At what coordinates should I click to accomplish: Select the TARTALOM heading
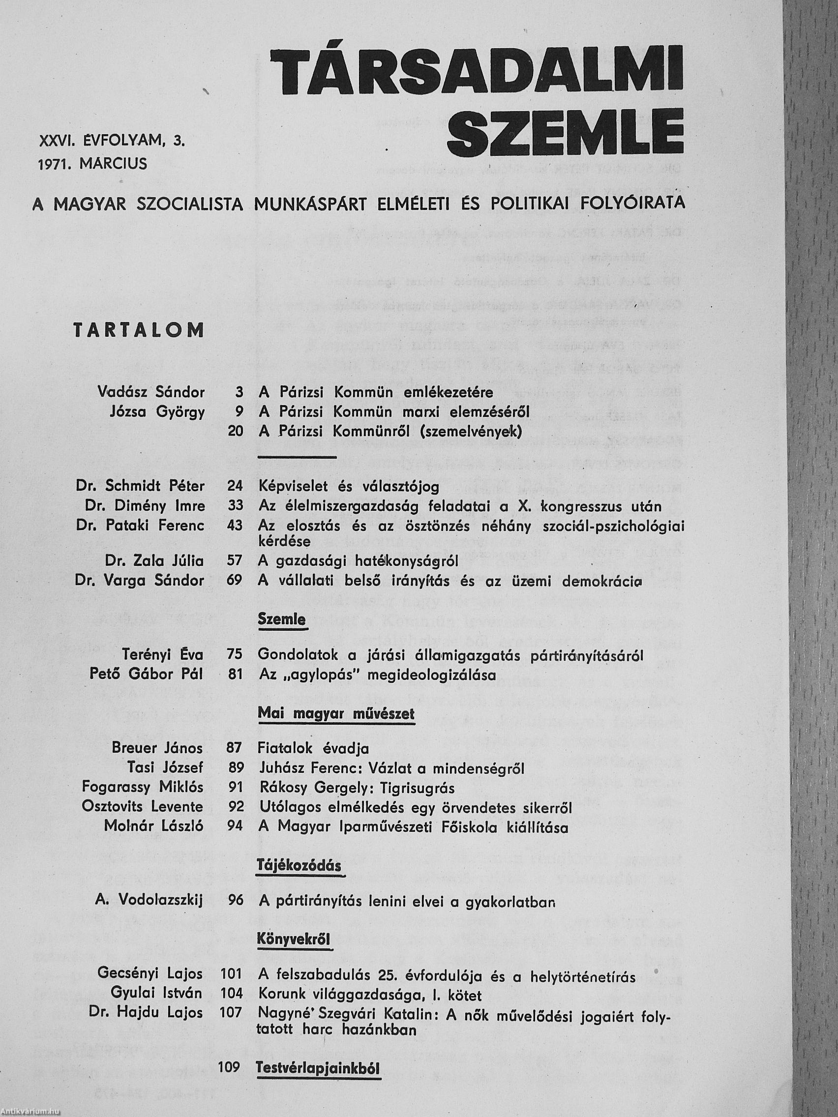[139, 330]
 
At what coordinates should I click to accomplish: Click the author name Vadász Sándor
[151, 392]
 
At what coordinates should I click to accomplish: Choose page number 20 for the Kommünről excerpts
[236, 431]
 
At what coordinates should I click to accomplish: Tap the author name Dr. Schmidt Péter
[140, 486]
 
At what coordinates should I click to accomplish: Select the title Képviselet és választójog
[349, 486]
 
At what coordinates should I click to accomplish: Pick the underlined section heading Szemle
[282, 619]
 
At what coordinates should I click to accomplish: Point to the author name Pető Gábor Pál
[147, 674]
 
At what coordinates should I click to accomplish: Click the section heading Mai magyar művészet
[336, 713]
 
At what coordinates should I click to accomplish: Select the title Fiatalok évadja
[313, 748]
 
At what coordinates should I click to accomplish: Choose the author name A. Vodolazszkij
[149, 900]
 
